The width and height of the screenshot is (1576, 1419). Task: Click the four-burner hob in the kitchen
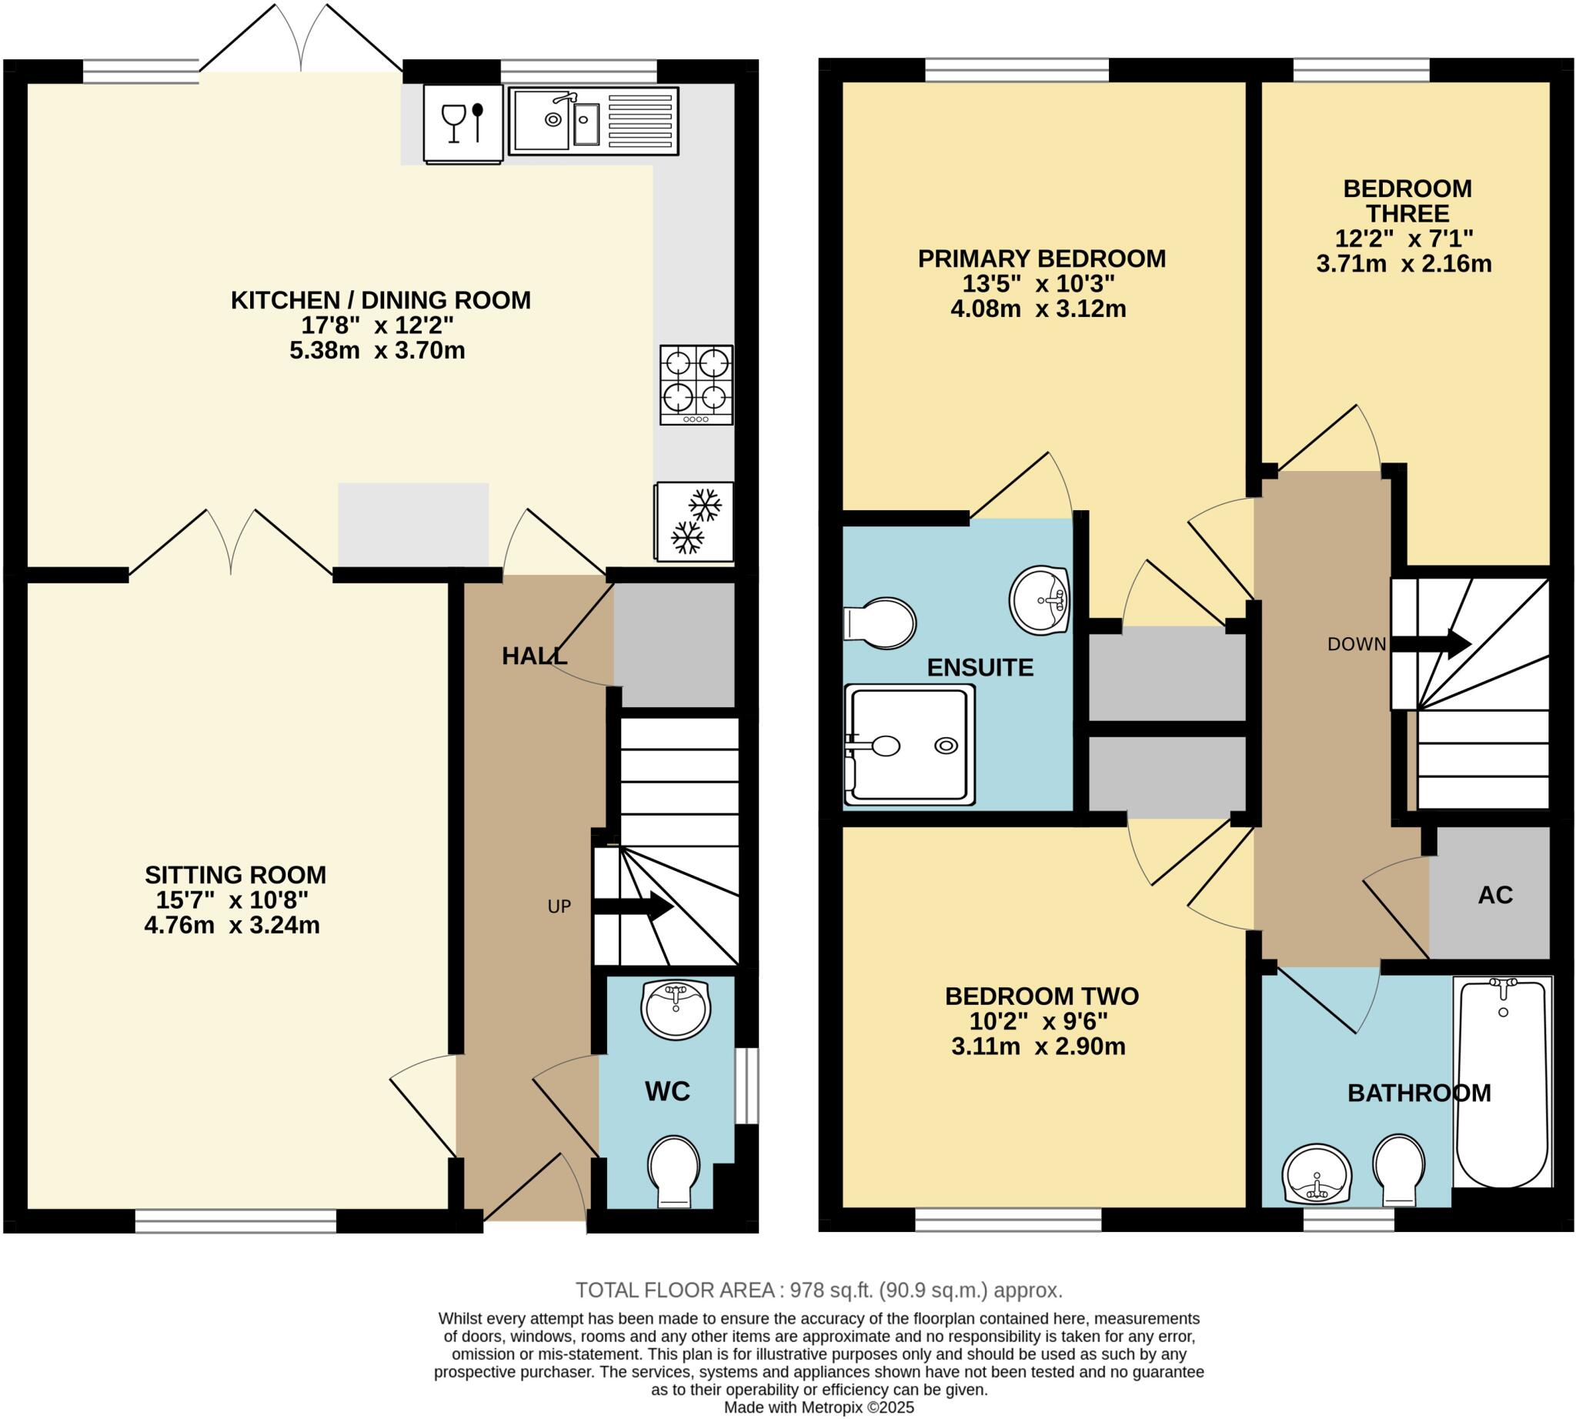(696, 385)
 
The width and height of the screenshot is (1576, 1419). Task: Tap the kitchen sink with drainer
(593, 120)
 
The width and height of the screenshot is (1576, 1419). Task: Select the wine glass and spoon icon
(463, 123)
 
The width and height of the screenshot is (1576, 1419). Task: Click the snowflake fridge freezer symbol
(694, 521)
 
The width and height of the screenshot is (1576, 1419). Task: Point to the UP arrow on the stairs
(633, 906)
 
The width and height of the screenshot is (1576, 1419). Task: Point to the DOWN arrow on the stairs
(1431, 644)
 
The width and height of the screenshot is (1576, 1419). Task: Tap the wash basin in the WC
(676, 1009)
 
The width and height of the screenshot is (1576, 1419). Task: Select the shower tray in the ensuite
(910, 746)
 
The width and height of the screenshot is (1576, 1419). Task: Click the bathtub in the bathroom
(1501, 1082)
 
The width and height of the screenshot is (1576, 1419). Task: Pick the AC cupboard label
(1495, 895)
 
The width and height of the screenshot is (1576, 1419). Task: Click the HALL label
(534, 656)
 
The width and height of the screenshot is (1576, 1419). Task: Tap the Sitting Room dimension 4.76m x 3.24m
(232, 926)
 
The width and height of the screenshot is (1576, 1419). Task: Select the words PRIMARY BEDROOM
(1041, 259)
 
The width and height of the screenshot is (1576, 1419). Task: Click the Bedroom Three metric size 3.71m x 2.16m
(1404, 263)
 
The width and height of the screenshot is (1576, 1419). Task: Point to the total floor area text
(819, 1290)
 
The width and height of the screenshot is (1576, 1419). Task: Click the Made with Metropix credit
(819, 1407)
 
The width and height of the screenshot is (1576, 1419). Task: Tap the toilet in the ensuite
(881, 623)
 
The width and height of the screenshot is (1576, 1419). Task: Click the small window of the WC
(747, 1086)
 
